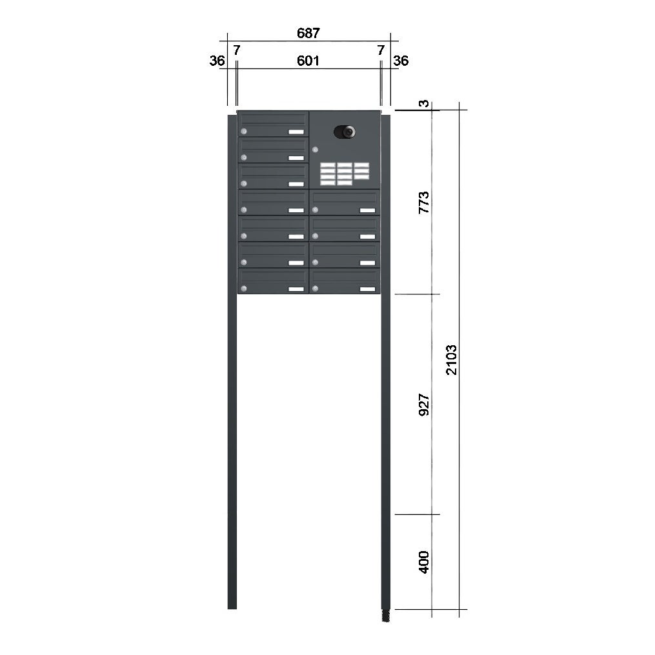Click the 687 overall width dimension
point(308,33)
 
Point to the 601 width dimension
point(308,61)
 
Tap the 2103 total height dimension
point(452,360)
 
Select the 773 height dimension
point(423,203)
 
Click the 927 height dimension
point(423,405)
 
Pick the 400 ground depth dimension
point(423,562)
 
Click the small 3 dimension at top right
point(424,103)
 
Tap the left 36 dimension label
point(217,61)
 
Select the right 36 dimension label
point(401,61)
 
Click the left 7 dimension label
point(237,50)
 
